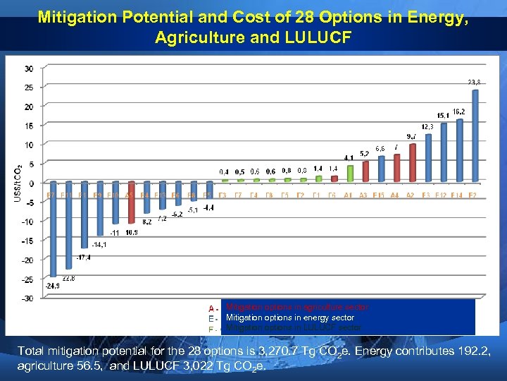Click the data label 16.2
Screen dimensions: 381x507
coord(458,111)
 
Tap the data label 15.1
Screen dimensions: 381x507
coord(443,115)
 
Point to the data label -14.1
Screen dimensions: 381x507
coord(99,244)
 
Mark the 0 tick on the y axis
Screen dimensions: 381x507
coord(29,183)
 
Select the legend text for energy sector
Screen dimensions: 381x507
coord(289,317)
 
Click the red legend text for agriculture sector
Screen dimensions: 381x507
coord(296,307)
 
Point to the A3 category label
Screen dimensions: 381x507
coord(364,195)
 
